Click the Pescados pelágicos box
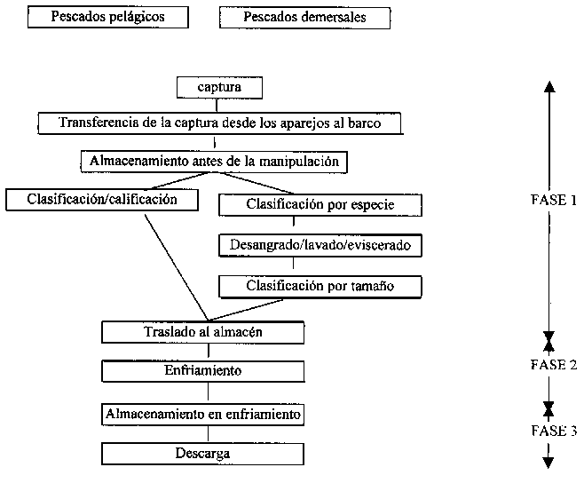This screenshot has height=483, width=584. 108,17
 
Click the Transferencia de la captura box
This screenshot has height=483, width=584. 219,123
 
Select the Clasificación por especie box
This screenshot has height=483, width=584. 320,204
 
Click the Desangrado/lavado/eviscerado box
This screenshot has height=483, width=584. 320,243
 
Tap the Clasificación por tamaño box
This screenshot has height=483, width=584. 320,286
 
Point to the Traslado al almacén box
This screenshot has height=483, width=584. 206,331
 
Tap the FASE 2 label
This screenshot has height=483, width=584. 553,365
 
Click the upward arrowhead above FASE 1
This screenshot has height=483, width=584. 548,86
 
